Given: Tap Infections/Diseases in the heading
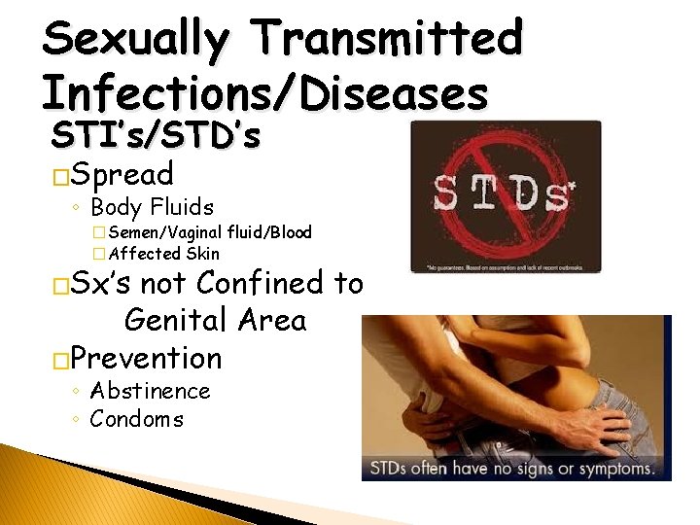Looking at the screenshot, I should point(264,94).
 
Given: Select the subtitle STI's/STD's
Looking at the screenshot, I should point(156,136).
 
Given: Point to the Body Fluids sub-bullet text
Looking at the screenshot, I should point(152,207).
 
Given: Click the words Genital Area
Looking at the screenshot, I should point(215,320).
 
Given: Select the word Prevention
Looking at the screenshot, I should point(146,358).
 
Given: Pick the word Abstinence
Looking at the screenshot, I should point(150,391).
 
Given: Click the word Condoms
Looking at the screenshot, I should point(136,419).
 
